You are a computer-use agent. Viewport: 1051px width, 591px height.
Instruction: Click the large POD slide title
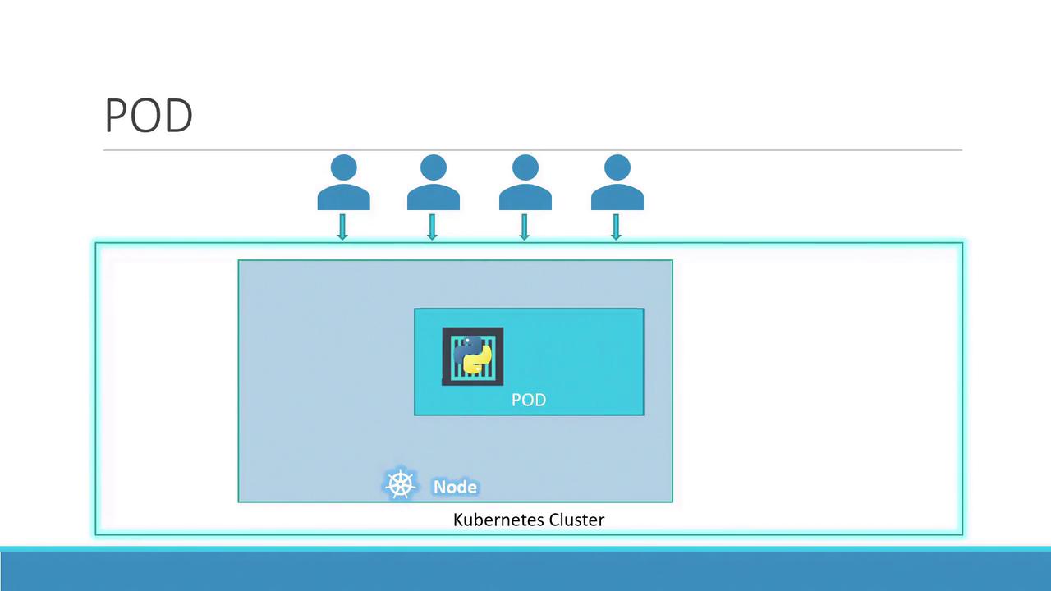(149, 116)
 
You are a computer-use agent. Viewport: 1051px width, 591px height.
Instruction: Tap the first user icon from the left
(343, 182)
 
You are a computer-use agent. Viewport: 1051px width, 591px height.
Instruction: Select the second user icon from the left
(433, 182)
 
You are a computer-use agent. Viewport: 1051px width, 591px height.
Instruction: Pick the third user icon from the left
(525, 182)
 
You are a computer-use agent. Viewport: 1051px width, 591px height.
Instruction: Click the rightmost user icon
(617, 182)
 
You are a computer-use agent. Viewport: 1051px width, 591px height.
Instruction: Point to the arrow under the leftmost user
(342, 227)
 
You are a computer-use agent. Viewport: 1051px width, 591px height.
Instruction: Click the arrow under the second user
(432, 227)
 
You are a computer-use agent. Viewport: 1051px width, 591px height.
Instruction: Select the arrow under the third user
(524, 227)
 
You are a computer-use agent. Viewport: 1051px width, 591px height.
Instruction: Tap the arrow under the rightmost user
(616, 227)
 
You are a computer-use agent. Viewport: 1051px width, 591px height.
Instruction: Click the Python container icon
(472, 356)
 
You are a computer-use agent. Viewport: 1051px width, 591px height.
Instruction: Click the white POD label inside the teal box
(529, 400)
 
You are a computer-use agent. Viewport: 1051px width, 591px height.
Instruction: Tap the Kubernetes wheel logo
(400, 483)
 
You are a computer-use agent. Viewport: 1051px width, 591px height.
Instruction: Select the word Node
(455, 487)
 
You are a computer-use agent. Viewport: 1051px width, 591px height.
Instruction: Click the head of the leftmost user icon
(343, 167)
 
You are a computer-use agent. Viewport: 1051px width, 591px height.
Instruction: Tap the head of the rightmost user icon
(617, 167)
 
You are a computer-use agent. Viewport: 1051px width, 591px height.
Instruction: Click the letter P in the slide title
(116, 116)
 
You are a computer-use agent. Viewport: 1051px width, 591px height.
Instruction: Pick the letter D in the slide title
(179, 116)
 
